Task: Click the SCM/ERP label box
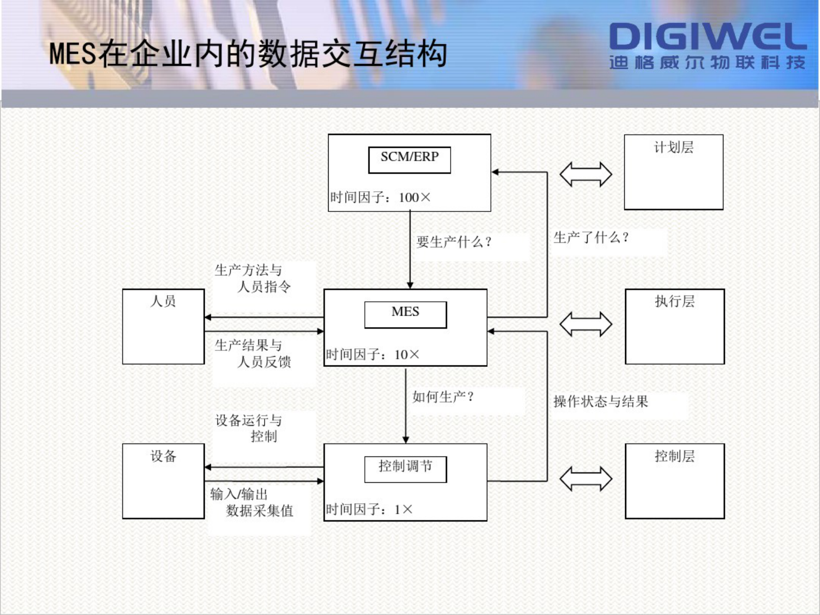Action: coord(409,159)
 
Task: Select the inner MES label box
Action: coord(406,314)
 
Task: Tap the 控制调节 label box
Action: coord(406,468)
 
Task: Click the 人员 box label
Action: coord(163,301)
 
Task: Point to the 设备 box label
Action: coord(163,456)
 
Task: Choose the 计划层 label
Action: coord(673,148)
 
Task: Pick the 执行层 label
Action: coord(674,301)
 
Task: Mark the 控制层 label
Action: coord(674,456)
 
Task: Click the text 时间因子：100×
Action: coord(380,197)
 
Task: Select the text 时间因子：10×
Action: coord(373,355)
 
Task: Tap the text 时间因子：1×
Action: coord(369,510)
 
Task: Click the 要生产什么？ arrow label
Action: coord(454,242)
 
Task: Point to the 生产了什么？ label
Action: coord(591,238)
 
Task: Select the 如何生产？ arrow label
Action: coord(443,397)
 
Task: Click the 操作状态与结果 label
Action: coord(600,402)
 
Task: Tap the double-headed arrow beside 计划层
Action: coord(585,174)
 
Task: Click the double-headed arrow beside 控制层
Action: coord(585,479)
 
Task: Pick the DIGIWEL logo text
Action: coord(707,37)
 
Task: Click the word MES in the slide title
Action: coord(72,54)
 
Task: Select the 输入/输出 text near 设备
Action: coord(239,494)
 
